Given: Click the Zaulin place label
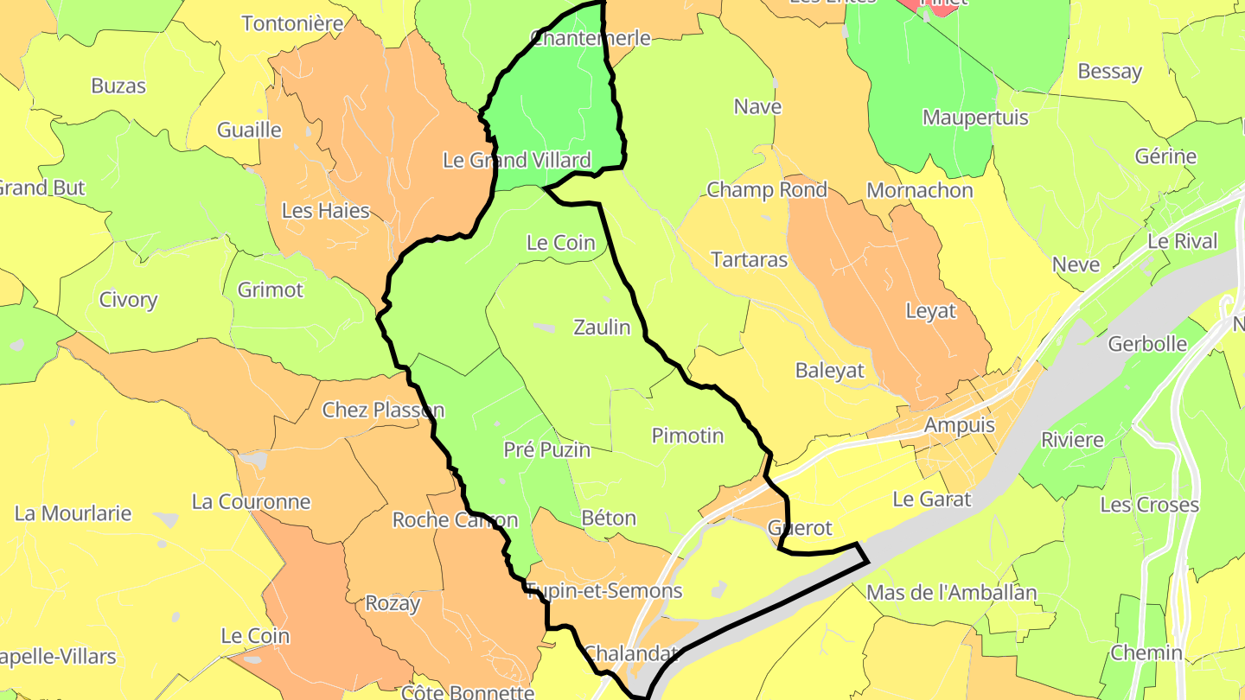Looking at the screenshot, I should pyautogui.click(x=602, y=328).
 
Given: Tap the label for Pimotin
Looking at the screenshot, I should pyautogui.click(x=687, y=436).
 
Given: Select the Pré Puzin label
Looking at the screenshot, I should pyautogui.click(x=547, y=449).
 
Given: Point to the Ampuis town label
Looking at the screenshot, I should pyautogui.click(x=960, y=425).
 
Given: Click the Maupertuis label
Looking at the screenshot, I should pyautogui.click(x=975, y=118).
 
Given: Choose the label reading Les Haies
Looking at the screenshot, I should pyautogui.click(x=325, y=211).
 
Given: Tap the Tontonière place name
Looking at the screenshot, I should pyautogui.click(x=292, y=23).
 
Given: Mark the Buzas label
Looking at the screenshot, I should pyautogui.click(x=118, y=86).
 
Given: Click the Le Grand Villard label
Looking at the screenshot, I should pyautogui.click(x=516, y=160).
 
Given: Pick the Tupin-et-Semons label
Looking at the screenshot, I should pyautogui.click(x=605, y=591).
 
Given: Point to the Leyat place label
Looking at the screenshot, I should pyautogui.click(x=930, y=311).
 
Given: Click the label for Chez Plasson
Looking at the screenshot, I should pyautogui.click(x=383, y=410).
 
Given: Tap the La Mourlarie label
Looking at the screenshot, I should pyautogui.click(x=73, y=513).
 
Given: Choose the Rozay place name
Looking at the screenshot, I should pyautogui.click(x=393, y=603).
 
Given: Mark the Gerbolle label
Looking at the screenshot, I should pyautogui.click(x=1147, y=344).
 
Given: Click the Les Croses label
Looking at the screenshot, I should pyautogui.click(x=1149, y=505).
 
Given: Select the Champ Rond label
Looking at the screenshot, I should pyautogui.click(x=767, y=190).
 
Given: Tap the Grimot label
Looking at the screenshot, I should pyautogui.click(x=271, y=290).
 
